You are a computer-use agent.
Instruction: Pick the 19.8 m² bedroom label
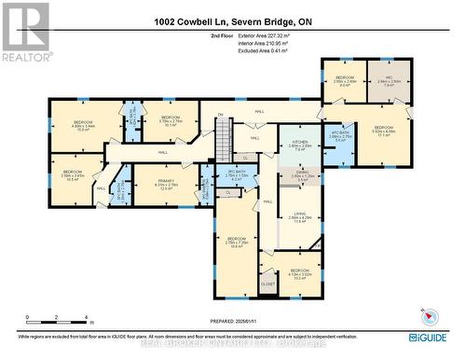(237, 242)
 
